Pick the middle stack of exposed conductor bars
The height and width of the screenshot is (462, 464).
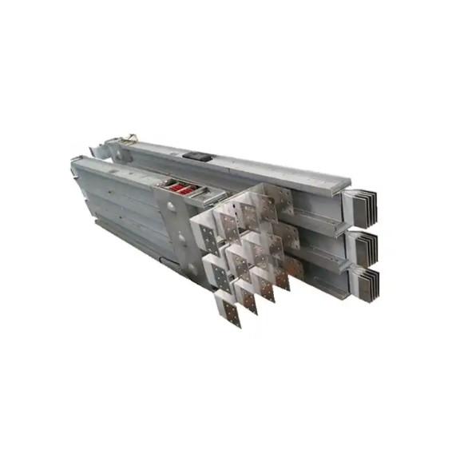coord(367,243)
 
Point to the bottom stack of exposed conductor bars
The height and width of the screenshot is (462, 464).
coord(368,281)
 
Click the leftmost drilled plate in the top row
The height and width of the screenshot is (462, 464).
coord(205,235)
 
